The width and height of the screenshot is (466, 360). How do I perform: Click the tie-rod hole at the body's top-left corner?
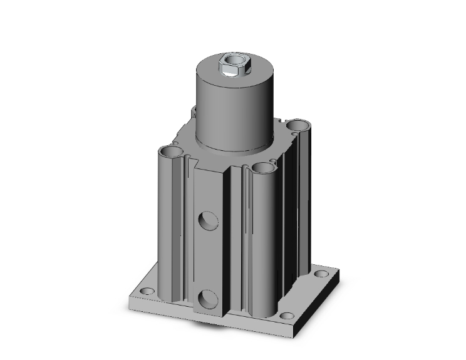coord(169,152)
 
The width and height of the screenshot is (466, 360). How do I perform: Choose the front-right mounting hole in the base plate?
coord(287,316)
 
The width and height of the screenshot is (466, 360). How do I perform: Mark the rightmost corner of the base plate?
coord(339,274)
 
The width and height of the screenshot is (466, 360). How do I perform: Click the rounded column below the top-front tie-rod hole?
coord(262,244)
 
